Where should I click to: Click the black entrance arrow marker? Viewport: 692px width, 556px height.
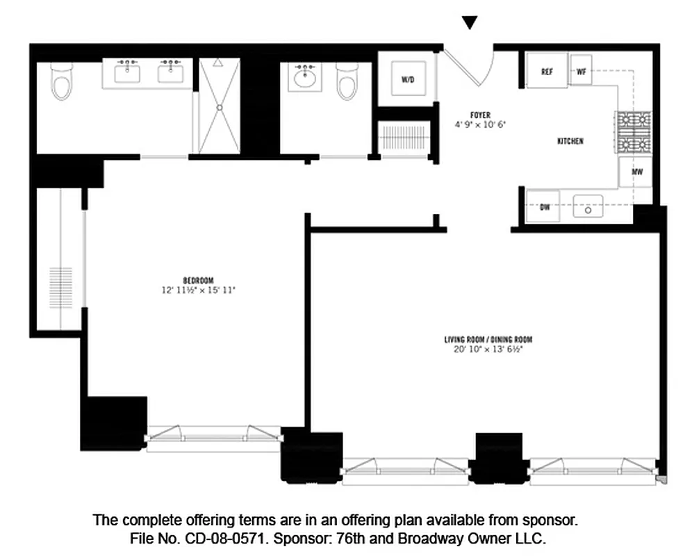pos(470,23)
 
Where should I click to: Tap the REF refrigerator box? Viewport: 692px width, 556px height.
pos(547,72)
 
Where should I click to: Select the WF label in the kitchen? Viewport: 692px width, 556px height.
pos(582,72)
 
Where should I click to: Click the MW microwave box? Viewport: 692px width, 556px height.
pos(636,172)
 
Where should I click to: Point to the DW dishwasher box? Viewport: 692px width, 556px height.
pos(545,207)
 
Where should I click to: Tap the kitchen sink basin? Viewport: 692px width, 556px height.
pos(588,207)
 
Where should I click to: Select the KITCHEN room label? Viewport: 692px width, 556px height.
pos(570,141)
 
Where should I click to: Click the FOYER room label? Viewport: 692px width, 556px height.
pos(479,115)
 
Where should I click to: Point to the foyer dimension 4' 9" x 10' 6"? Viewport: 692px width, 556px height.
pos(479,125)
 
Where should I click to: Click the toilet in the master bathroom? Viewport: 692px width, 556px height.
pos(61,85)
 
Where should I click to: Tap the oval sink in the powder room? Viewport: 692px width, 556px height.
pos(304,78)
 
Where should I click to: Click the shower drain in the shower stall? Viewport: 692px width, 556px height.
pos(220,108)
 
